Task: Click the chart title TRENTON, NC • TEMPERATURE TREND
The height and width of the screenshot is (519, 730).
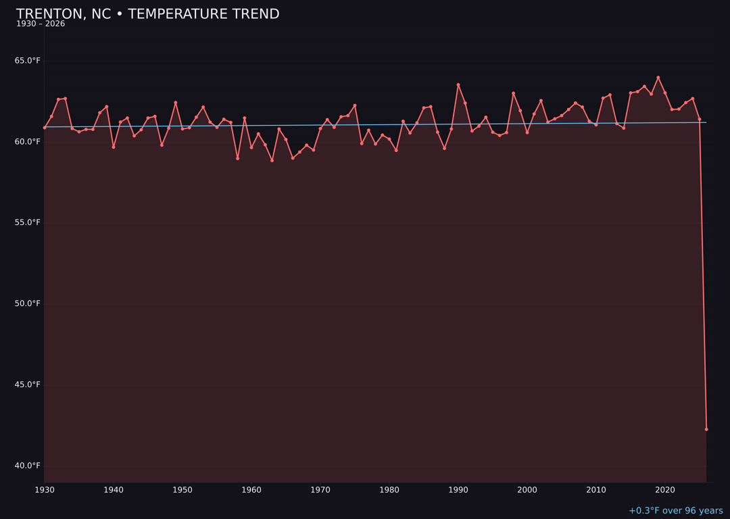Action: click(147, 14)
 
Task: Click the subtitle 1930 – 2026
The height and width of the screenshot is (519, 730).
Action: click(41, 24)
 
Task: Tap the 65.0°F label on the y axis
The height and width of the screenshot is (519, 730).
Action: click(28, 61)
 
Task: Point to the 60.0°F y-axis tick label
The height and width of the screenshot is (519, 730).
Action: click(28, 142)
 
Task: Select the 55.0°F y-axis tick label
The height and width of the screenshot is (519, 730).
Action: click(28, 223)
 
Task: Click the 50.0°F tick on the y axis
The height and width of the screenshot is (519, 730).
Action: click(28, 304)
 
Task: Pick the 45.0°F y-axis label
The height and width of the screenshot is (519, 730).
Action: click(28, 385)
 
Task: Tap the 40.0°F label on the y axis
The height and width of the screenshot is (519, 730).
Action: click(28, 466)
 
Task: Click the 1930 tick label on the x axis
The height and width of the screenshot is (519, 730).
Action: click(45, 490)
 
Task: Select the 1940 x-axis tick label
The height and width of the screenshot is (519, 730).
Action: click(114, 490)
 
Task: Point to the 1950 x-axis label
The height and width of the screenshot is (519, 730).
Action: click(182, 490)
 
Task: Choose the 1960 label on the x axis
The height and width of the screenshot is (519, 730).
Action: click(251, 490)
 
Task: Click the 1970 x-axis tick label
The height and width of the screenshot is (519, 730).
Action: click(320, 490)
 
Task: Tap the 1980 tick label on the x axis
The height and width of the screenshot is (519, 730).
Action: click(389, 490)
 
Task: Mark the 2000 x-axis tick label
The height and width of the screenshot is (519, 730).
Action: click(527, 490)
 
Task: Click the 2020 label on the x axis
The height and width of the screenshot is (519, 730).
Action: click(665, 490)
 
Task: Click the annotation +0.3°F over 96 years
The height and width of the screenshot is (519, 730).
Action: click(675, 511)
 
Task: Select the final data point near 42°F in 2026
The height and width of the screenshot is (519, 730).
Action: click(706, 429)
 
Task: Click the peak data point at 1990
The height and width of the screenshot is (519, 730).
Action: click(458, 85)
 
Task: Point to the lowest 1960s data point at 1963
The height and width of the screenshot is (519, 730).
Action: click(272, 161)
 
